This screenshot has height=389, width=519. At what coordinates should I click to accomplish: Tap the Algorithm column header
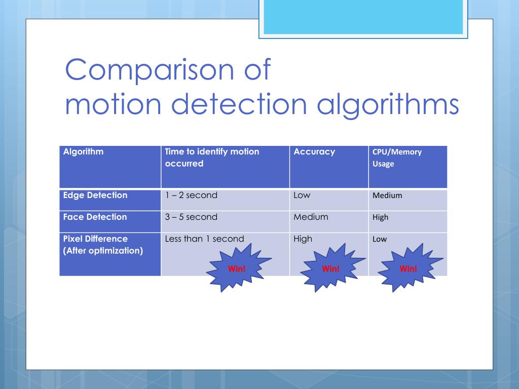pos(83,151)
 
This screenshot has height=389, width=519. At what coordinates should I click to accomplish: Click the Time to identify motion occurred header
pos(212,158)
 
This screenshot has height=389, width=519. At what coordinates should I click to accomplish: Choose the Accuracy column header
pos(314,151)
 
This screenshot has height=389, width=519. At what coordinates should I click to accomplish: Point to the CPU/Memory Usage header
pos(397,158)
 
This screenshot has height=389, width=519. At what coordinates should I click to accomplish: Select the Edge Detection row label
pos(95,196)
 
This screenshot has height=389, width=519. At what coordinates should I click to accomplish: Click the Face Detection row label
pos(95,217)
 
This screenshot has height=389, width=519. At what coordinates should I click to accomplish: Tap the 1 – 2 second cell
pos(191,196)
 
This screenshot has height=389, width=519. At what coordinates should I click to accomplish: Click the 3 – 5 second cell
pos(191,217)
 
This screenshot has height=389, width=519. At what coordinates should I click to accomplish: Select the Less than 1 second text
pos(204,239)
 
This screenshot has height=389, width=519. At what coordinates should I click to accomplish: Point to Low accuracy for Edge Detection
pos(302,196)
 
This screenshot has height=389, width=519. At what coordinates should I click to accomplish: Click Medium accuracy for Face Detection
pos(311,217)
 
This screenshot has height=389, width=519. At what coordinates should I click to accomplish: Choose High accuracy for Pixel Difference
pos(303,239)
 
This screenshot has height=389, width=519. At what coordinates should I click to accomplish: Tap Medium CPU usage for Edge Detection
pos(387,196)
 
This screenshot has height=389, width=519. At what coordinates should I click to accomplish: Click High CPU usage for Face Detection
pos(380,217)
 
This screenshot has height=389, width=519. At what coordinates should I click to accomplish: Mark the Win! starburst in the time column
pos(237,268)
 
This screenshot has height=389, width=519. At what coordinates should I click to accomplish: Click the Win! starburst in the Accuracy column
pos(330,268)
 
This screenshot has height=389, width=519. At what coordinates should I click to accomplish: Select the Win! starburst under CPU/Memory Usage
pos(408,268)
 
